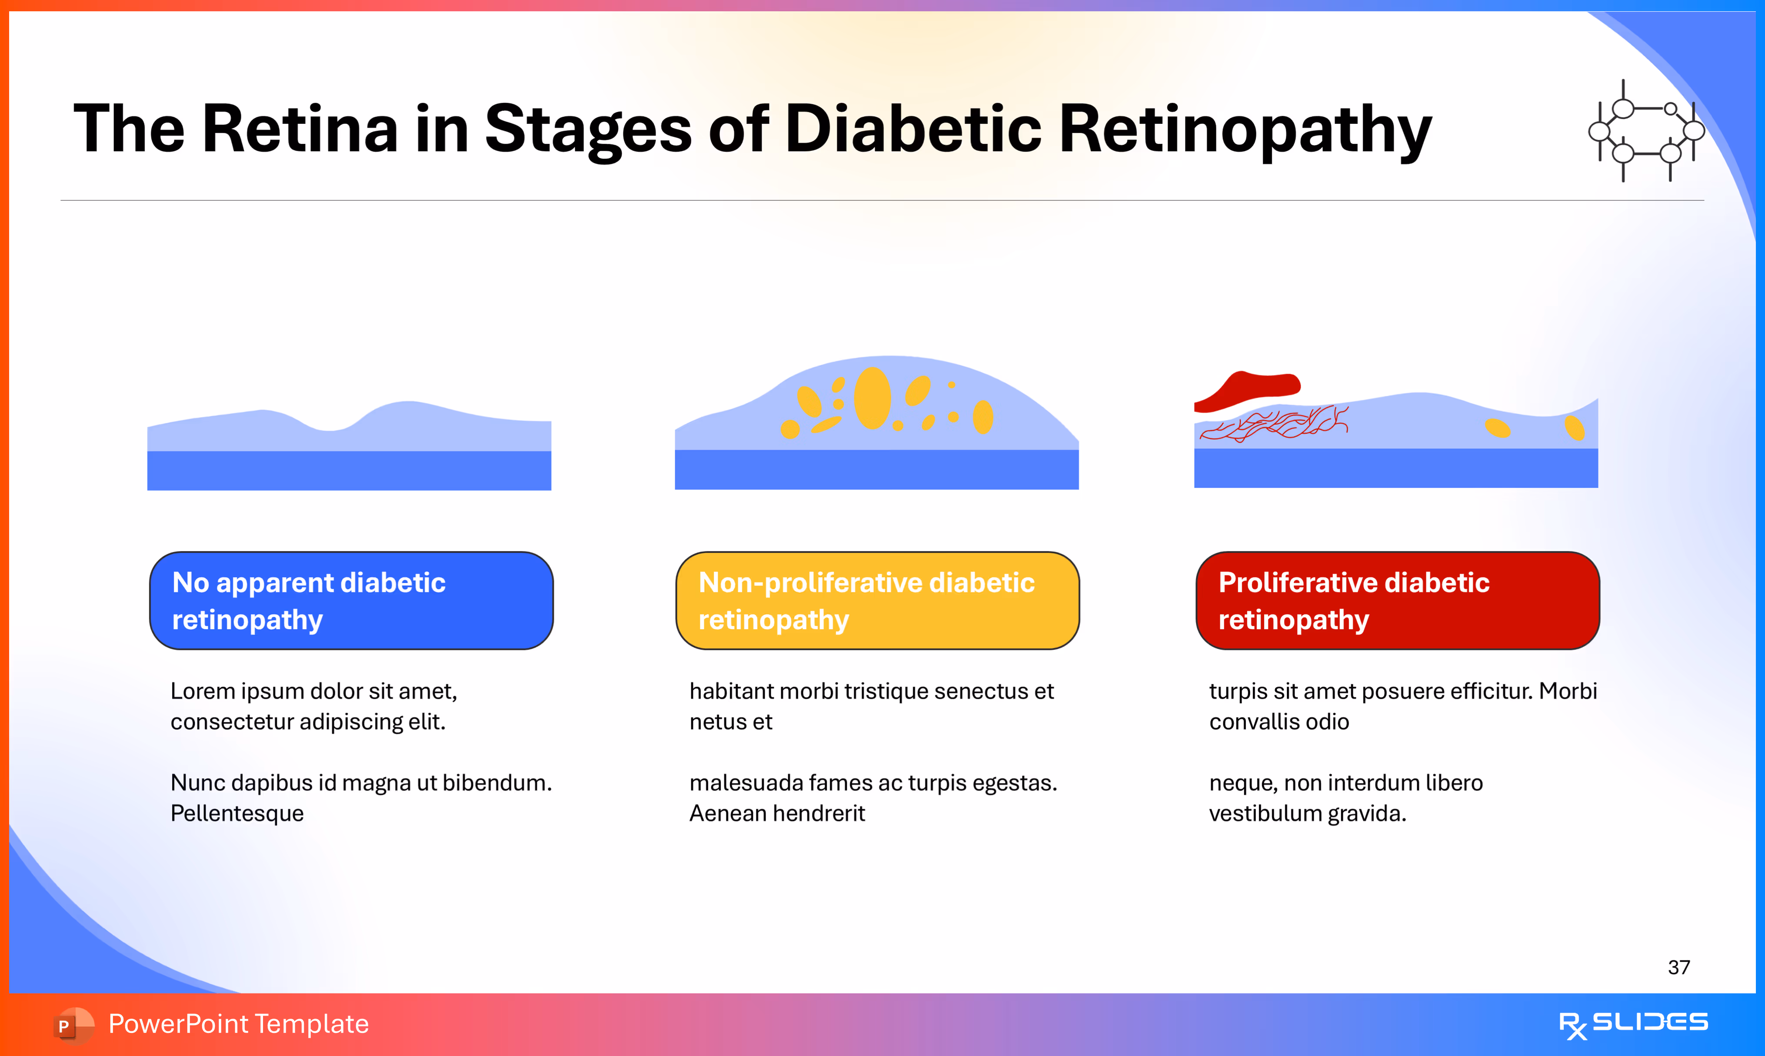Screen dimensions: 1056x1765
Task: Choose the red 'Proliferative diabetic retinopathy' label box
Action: coord(1397,601)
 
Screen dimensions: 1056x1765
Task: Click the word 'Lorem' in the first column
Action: coord(203,691)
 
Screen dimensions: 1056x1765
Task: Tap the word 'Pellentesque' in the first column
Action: coord(237,814)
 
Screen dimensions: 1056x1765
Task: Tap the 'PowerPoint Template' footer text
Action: coord(238,1024)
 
